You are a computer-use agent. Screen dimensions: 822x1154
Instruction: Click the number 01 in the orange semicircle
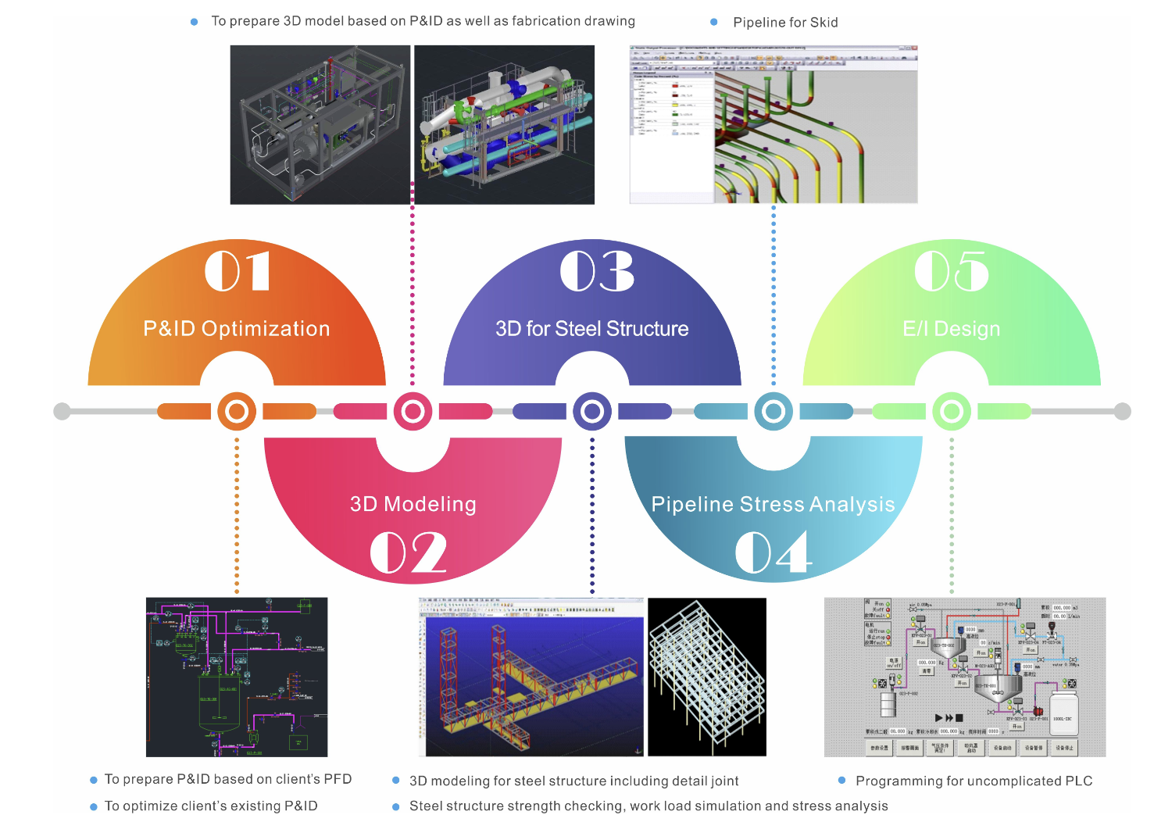pos(238,271)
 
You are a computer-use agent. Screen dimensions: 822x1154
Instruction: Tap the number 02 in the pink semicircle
pos(408,552)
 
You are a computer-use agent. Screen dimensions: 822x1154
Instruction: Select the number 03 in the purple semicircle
pos(597,271)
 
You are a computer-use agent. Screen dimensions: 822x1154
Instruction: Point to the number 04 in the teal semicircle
pos(773,552)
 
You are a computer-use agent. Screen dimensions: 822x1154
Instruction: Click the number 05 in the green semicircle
pos(952,271)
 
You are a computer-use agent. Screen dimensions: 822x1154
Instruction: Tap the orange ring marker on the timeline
pos(237,411)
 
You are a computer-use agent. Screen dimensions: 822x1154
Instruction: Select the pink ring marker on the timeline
pos(413,411)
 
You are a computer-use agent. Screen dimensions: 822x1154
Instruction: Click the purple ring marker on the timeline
pos(592,411)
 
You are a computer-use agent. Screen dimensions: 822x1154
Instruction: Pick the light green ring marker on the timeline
pos(952,411)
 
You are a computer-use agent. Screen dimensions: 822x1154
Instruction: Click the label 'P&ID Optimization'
pos(237,329)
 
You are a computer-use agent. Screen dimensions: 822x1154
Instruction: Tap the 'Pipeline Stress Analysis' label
pos(773,505)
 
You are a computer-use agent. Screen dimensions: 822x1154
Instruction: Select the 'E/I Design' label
pos(952,329)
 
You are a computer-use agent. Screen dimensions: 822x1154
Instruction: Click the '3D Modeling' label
pos(413,505)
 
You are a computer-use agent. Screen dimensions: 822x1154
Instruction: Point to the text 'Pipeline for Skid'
pos(785,23)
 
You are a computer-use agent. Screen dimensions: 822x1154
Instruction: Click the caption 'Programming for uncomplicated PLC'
pos(974,781)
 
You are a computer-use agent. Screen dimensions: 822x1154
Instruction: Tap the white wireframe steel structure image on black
pos(707,677)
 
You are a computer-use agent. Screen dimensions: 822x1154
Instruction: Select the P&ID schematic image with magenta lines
pos(237,677)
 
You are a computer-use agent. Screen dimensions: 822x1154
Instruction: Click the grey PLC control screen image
pos(965,677)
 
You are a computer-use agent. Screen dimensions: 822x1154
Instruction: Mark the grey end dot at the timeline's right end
pos(1123,411)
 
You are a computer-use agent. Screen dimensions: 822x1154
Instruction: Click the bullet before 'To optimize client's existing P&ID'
pos(94,806)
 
